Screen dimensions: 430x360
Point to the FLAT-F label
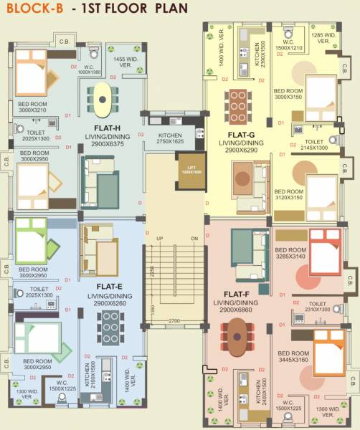(237, 294)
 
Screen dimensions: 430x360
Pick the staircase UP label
(160, 239)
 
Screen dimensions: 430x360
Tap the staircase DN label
(194, 239)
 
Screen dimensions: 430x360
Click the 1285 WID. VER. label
(325, 37)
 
